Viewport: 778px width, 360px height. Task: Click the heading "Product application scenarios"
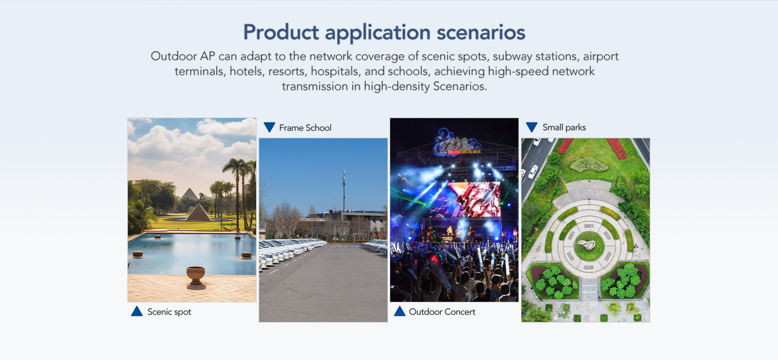coord(384,32)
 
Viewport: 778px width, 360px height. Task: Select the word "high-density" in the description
coord(396,86)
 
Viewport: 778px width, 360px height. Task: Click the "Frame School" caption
coord(305,128)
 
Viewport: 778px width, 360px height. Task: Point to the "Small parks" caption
coord(564,128)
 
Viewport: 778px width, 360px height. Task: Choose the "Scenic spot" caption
coord(169,312)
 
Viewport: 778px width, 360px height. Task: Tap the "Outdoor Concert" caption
coord(442,312)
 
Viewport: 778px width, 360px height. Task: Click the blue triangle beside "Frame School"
coord(269,127)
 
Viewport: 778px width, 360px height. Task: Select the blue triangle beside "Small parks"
coord(532,127)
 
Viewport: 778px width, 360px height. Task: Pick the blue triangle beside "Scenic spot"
coord(137,311)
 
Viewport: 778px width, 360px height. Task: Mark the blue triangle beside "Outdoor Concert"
coord(400,311)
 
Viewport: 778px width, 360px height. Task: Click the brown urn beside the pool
coord(195,275)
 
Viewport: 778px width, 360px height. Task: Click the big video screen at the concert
coord(474,199)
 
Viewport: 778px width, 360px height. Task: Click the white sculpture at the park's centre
coord(586,244)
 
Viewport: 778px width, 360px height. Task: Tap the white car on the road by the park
coord(533,172)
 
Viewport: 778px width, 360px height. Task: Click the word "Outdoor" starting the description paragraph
coord(173,56)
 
